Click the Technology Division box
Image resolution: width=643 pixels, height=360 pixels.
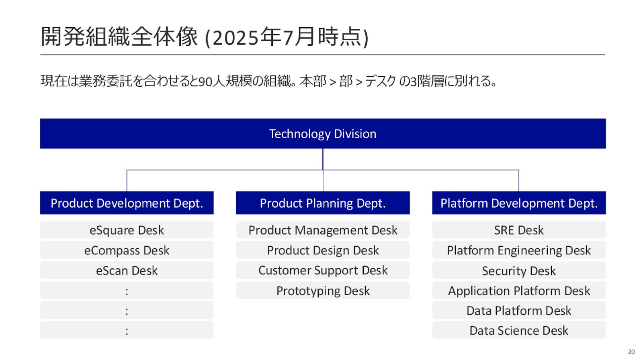[323, 133]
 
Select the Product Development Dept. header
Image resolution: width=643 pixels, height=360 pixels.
[127, 202]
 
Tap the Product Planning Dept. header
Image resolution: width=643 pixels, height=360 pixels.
[323, 202]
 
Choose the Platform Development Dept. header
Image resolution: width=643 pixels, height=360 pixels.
[519, 202]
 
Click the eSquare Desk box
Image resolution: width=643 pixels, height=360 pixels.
[127, 230]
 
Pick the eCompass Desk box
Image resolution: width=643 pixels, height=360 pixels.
[127, 250]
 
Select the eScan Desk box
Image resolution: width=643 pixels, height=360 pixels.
[127, 270]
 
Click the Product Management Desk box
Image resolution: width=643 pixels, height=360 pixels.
[323, 230]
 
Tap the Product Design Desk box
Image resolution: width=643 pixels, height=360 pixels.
[323, 250]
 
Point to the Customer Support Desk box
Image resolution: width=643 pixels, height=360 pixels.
[323, 270]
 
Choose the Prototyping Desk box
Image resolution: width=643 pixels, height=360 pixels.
[323, 290]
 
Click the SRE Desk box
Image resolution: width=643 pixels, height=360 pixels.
[519, 230]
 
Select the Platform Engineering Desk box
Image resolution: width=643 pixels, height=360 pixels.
[519, 250]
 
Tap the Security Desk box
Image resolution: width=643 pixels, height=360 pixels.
[519, 270]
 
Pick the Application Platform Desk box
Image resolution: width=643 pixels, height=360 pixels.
[519, 290]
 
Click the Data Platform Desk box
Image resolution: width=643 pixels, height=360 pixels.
[519, 310]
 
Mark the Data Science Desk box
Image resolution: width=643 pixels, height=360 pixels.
[519, 330]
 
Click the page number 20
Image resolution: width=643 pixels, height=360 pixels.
[631, 352]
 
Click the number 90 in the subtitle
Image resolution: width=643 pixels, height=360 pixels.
[205, 82]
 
